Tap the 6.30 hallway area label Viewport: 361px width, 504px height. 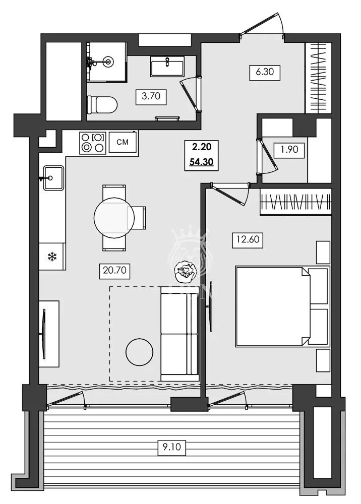tap(265, 72)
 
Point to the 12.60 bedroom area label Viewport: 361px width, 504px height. tap(246, 239)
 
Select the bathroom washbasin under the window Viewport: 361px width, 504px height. tap(167, 66)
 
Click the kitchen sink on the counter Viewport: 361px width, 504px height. tap(53, 178)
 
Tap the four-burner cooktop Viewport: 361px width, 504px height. tap(93, 142)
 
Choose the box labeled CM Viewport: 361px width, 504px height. tap(123, 142)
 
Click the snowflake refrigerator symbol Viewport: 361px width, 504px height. tap(51, 257)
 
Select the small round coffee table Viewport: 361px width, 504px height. tap(139, 352)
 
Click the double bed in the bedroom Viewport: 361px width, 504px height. tap(275, 306)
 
